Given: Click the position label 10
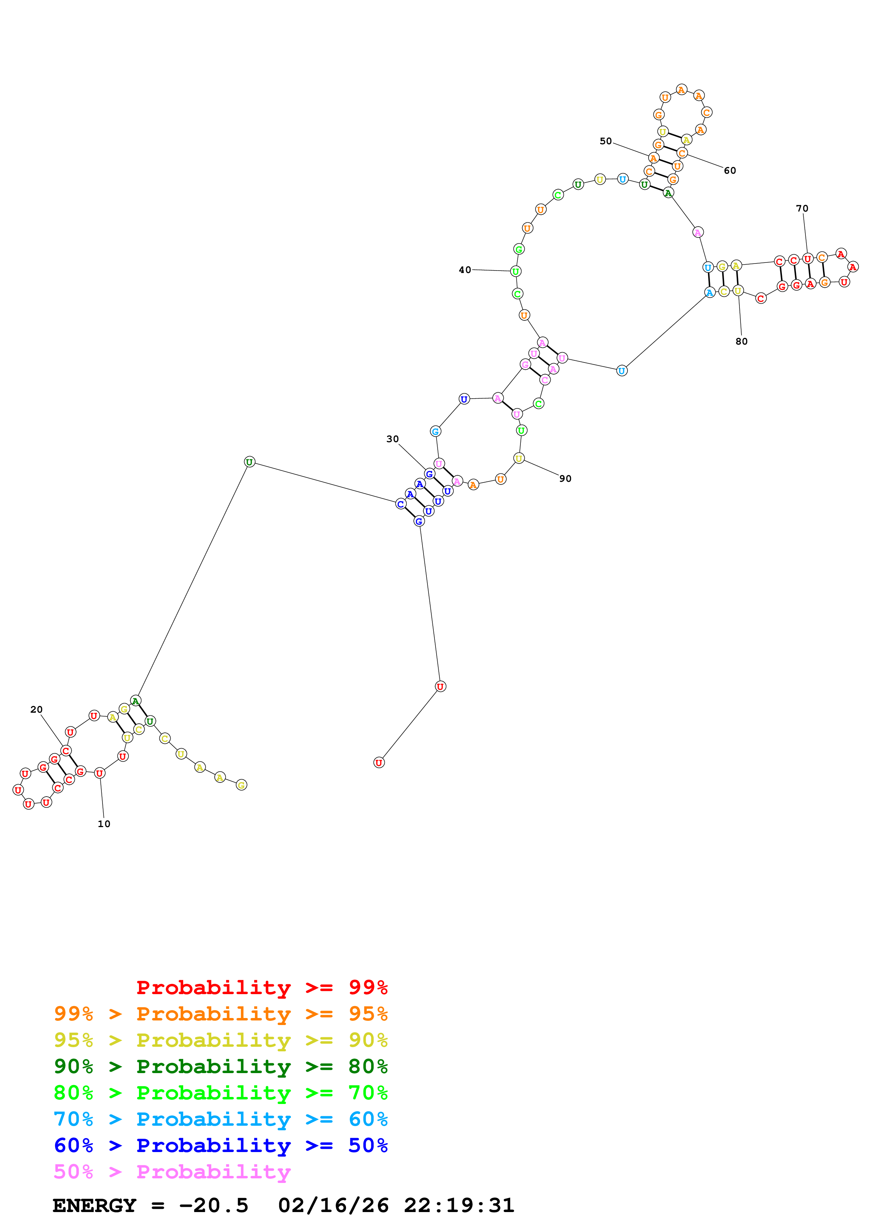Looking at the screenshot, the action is click(x=104, y=824).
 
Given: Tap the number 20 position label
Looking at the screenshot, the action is click(x=36, y=709).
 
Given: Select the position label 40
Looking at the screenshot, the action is click(x=465, y=270).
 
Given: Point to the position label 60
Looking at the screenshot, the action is click(x=730, y=171).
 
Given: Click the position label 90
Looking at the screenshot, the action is click(x=565, y=478).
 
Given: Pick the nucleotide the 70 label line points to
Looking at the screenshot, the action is click(x=807, y=259).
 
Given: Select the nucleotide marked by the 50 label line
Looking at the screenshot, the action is click(x=653, y=158).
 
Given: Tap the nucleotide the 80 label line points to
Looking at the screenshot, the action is click(x=738, y=291).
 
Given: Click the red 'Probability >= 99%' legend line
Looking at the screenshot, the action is click(x=261, y=987).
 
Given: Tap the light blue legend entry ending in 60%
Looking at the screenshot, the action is click(x=220, y=1119).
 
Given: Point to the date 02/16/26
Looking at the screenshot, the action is click(x=333, y=1205).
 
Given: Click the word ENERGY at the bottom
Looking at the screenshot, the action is click(x=94, y=1205).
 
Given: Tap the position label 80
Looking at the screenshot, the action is click(x=741, y=341).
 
